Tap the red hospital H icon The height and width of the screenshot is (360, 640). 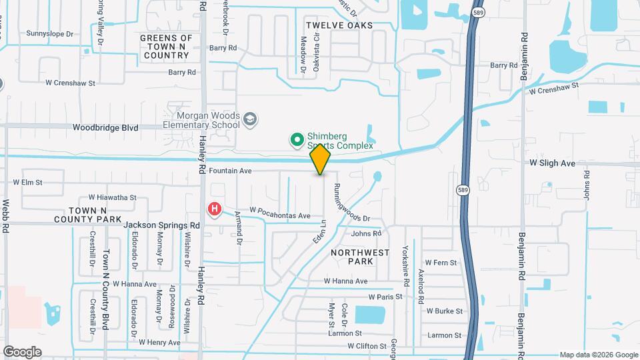tap(215, 209)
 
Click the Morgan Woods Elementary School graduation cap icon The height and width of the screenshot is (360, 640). tap(251, 119)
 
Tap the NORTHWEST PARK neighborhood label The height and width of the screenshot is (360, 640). tap(361, 257)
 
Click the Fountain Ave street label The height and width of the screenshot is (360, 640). tap(230, 171)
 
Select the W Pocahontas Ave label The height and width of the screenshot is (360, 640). tap(280, 216)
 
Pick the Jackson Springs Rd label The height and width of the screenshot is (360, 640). tap(161, 226)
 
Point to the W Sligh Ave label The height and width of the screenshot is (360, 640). tap(552, 163)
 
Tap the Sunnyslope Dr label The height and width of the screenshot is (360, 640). tap(49, 33)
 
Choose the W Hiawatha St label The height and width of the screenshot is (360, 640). tap(112, 198)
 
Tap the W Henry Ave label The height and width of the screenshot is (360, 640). tap(159, 343)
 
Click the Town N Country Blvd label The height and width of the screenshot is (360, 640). tap(105, 290)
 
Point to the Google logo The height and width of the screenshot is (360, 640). tap(22, 351)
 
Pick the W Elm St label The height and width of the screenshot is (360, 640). tap(28, 182)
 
